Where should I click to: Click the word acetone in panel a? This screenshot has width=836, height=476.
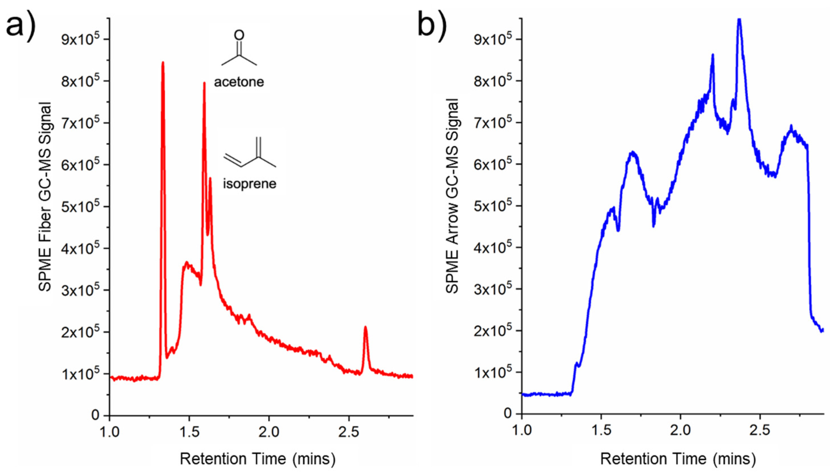click(x=239, y=82)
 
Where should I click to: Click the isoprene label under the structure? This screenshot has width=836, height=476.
click(x=249, y=184)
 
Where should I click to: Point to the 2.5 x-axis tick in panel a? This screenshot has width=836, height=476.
click(x=349, y=432)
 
